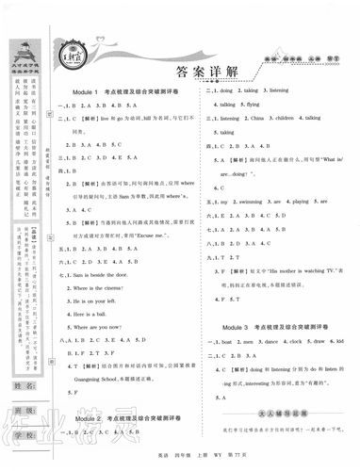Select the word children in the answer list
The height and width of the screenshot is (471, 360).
click(x=289, y=121)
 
